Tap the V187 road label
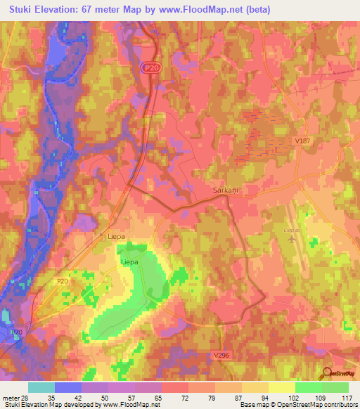pos(302,141)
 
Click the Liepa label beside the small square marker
pos(116,237)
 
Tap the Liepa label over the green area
pos(131,262)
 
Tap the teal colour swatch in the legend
pos(41,387)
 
